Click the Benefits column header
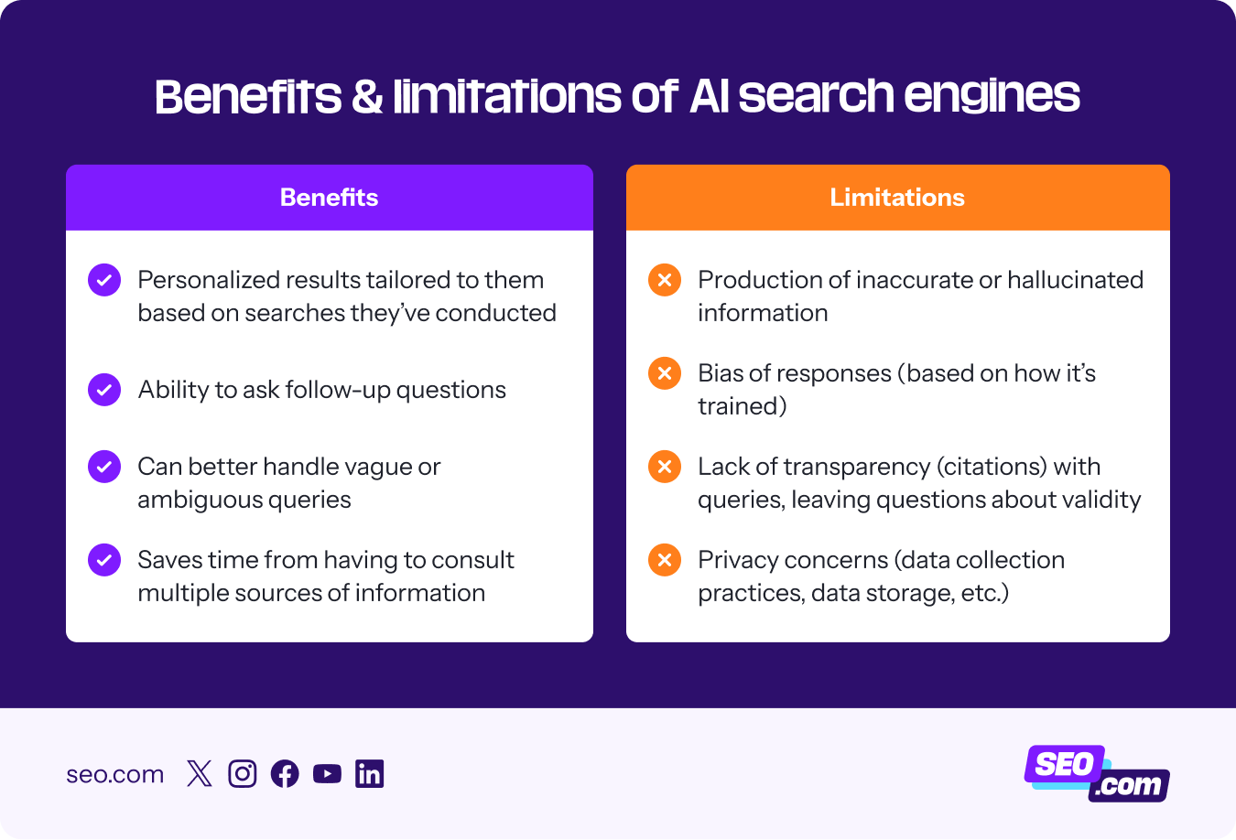[x=329, y=198]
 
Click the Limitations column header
[x=897, y=198]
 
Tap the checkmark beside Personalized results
[x=104, y=280]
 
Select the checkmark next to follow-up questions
[x=104, y=390]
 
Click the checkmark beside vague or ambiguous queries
[x=104, y=467]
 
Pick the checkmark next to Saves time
[x=104, y=560]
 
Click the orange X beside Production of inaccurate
[x=665, y=280]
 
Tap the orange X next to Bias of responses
[x=665, y=373]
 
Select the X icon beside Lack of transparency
[x=665, y=467]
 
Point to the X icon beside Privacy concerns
[x=665, y=560]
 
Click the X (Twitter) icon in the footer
[x=199, y=774]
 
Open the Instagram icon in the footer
[x=242, y=774]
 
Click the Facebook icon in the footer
[x=285, y=774]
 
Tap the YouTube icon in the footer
[x=327, y=774]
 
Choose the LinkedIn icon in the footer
[x=369, y=774]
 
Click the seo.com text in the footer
[x=114, y=774]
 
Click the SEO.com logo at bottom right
[x=1096, y=774]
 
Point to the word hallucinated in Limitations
[x=1075, y=280]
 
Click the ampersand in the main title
[x=366, y=97]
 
